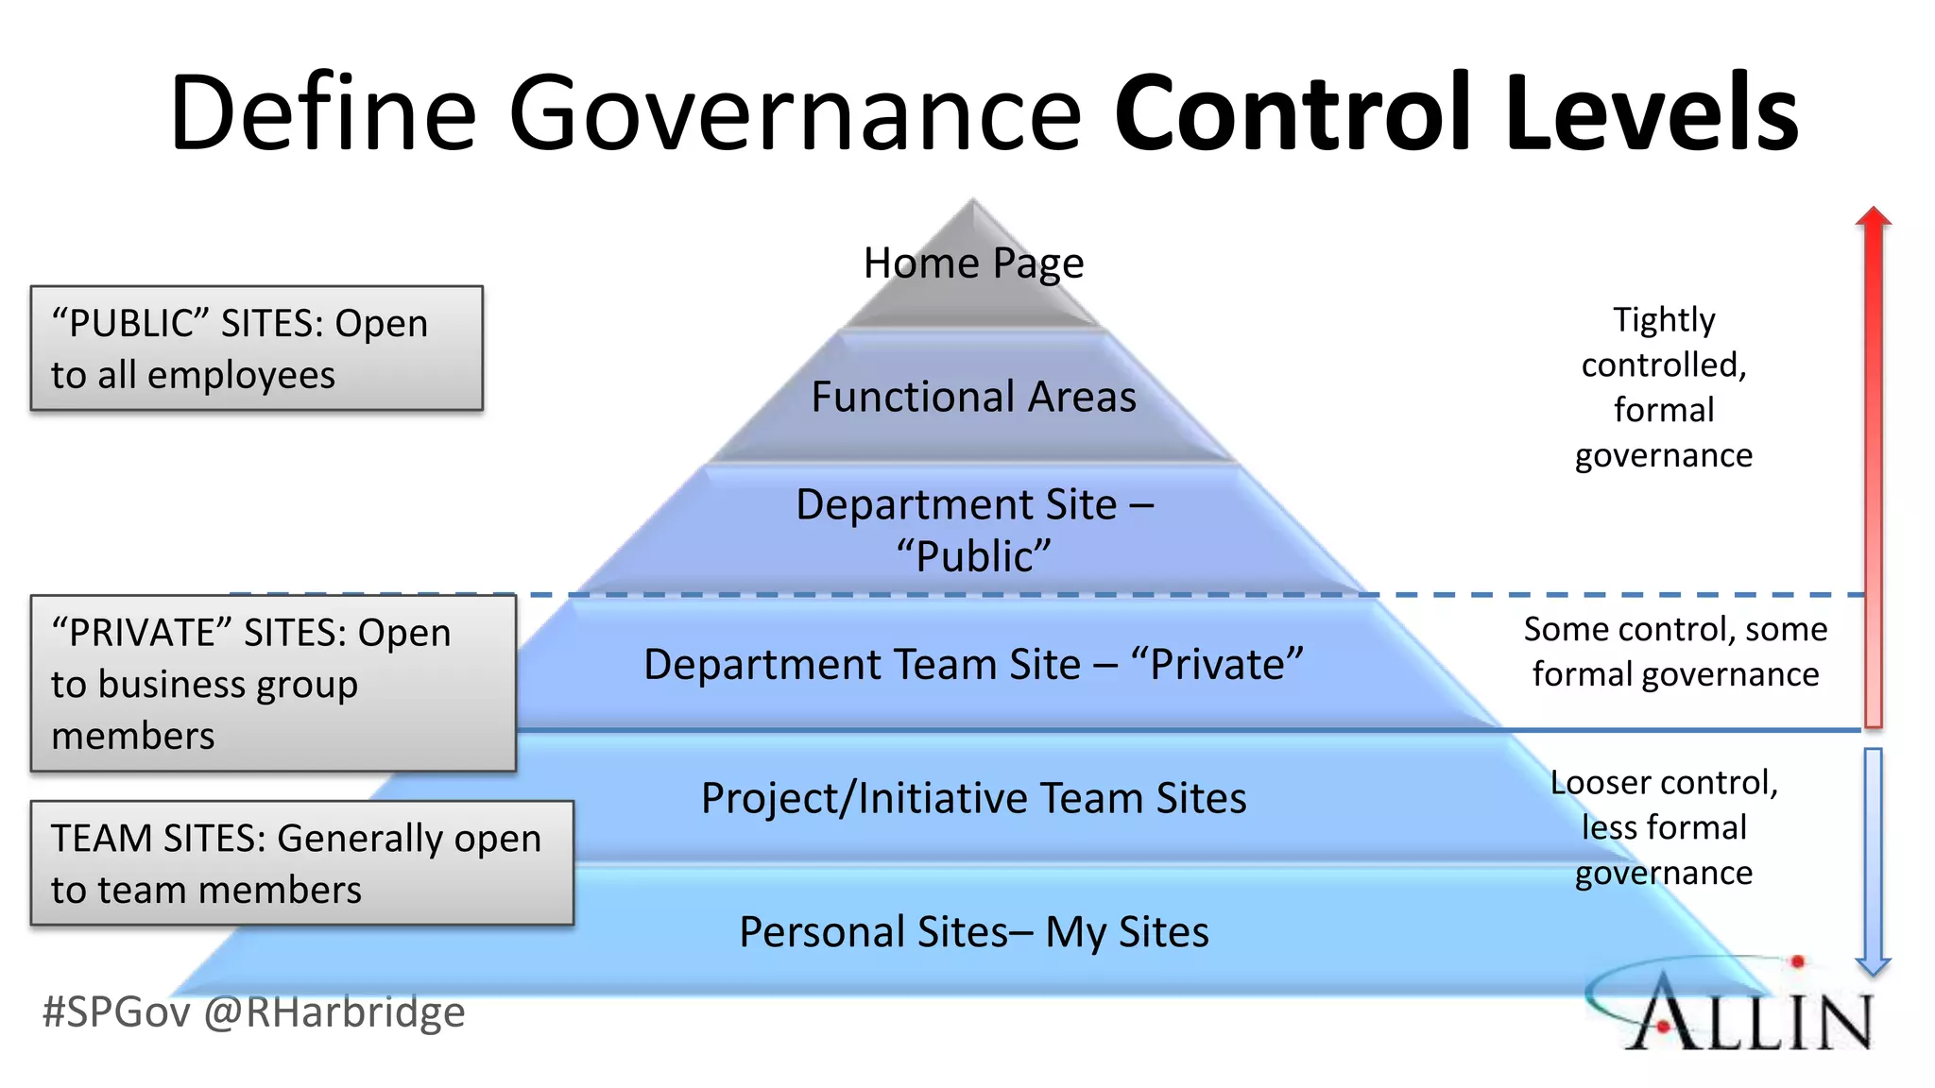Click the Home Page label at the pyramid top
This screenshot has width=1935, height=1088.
point(973,263)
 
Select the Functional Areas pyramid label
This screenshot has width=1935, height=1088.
point(973,397)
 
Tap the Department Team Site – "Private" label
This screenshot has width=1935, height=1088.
point(973,665)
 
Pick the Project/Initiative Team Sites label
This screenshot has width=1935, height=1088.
point(973,799)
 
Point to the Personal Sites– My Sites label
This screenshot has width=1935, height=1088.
point(973,932)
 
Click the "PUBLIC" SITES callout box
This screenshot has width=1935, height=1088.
point(256,348)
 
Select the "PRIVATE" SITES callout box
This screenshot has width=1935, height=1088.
point(273,683)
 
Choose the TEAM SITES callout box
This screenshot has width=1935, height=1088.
point(301,863)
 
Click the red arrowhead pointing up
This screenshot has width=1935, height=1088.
point(1873,218)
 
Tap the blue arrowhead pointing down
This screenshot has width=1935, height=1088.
point(1873,965)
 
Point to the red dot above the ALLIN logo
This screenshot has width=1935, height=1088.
point(1797,961)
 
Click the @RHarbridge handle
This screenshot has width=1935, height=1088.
point(334,1012)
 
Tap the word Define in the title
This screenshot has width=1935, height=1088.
point(323,113)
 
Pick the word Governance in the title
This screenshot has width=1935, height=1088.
point(796,113)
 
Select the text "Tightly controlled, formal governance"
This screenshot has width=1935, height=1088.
point(1663,387)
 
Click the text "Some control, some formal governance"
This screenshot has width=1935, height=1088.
point(1675,652)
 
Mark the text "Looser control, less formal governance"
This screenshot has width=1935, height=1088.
point(1663,827)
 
